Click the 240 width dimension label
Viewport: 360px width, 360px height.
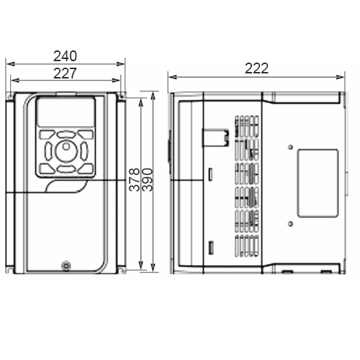tap(65, 56)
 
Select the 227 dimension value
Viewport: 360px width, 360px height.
tap(65, 73)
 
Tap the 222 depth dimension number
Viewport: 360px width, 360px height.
tap(256, 68)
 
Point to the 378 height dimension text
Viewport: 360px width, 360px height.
tap(135, 179)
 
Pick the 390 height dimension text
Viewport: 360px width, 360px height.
tap(147, 179)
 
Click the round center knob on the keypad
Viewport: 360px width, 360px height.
tap(66, 151)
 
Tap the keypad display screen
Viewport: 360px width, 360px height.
tap(66, 112)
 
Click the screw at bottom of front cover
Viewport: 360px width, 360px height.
tap(66, 266)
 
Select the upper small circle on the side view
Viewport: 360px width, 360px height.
tap(290, 147)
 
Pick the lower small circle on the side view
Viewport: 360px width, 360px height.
tap(290, 224)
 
